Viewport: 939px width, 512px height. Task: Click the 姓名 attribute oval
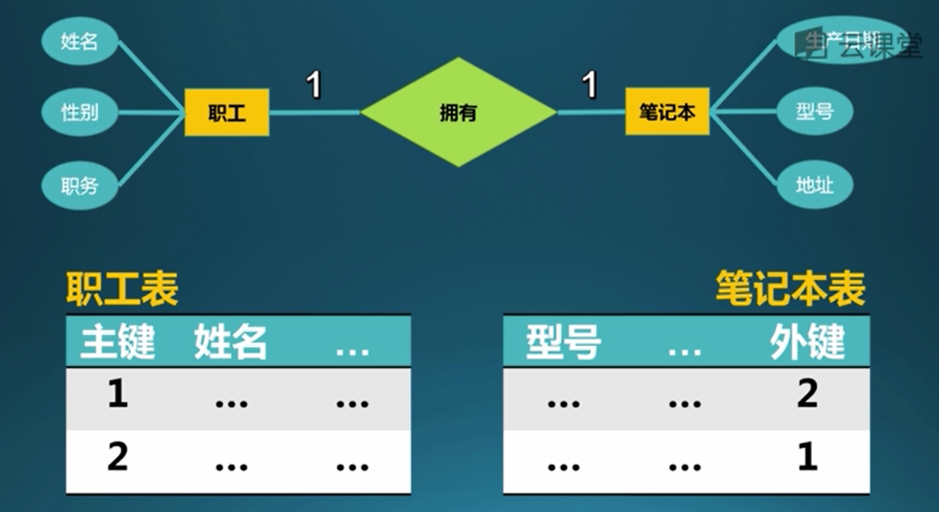80,40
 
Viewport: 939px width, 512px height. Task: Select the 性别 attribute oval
80,112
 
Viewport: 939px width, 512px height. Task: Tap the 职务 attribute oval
80,185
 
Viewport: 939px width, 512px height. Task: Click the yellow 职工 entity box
226,112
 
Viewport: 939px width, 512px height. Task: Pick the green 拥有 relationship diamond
459,112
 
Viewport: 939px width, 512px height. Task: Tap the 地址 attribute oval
814,185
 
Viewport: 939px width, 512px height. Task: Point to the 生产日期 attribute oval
833,40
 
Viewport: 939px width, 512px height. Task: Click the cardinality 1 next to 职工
314,84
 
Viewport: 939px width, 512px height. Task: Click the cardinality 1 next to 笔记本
590,84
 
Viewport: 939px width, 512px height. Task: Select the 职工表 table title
122,290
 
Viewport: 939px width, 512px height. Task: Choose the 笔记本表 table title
790,289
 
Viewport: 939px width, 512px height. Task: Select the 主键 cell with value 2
118,459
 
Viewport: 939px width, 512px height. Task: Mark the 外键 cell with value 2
807,396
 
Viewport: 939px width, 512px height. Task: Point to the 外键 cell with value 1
807,459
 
